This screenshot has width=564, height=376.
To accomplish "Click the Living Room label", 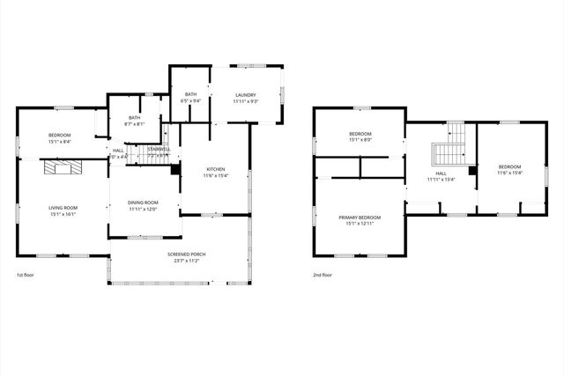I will (x=63, y=207).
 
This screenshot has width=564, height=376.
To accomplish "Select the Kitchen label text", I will (x=216, y=169).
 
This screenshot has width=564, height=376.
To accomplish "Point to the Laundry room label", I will (x=245, y=95).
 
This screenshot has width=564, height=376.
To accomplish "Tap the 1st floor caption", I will (x=26, y=275).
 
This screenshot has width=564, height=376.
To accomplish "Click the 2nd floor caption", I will (x=323, y=275).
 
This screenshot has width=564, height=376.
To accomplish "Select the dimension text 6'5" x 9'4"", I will (x=191, y=101).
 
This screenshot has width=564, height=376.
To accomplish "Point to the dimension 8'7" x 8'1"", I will (x=134, y=124).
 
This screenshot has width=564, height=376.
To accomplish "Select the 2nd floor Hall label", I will (x=441, y=173).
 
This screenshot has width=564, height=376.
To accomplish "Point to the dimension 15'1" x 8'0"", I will (x=361, y=140).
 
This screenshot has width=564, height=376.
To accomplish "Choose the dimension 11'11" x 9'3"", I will (x=245, y=101).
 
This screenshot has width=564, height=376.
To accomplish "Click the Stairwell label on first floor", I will (x=158, y=150).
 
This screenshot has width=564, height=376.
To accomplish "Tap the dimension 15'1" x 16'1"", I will (x=63, y=214).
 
